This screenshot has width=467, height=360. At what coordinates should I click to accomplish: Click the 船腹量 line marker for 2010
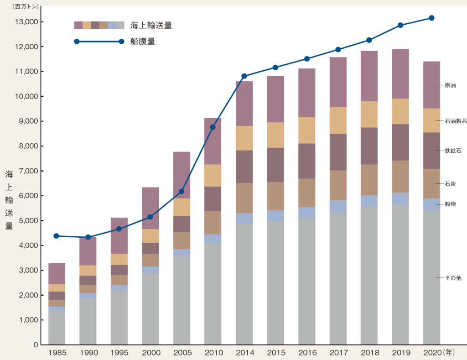pyautogui.click(x=213, y=127)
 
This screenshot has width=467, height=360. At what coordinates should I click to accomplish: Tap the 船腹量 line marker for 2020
pyautogui.click(x=431, y=18)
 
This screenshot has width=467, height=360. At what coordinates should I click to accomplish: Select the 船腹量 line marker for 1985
pyautogui.click(x=57, y=236)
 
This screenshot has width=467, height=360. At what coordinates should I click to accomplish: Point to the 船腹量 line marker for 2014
pyautogui.click(x=244, y=76)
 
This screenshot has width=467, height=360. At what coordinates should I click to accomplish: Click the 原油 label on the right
pyautogui.click(x=450, y=85)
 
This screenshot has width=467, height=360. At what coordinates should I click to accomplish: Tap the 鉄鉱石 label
pyautogui.click(x=453, y=151)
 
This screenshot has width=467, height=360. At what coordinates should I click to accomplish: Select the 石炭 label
pyautogui.click(x=450, y=184)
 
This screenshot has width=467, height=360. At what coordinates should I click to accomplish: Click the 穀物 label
pyautogui.click(x=450, y=204)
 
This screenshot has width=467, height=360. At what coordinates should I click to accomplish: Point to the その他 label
pyautogui.click(x=453, y=278)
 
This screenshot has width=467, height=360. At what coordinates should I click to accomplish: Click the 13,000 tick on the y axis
pyautogui.click(x=29, y=22)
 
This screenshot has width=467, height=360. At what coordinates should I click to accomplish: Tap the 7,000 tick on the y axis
pyautogui.click(x=30, y=171)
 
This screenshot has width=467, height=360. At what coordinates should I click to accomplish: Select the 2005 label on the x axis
pyautogui.click(x=182, y=353)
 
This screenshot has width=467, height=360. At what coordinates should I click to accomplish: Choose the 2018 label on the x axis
pyautogui.click(x=369, y=353)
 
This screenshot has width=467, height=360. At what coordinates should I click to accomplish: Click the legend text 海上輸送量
pyautogui.click(x=151, y=25)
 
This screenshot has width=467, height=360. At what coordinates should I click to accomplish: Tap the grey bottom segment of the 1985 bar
pyautogui.click(x=57, y=328)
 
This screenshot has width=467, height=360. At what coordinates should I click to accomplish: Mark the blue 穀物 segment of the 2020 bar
pyautogui.click(x=431, y=204)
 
